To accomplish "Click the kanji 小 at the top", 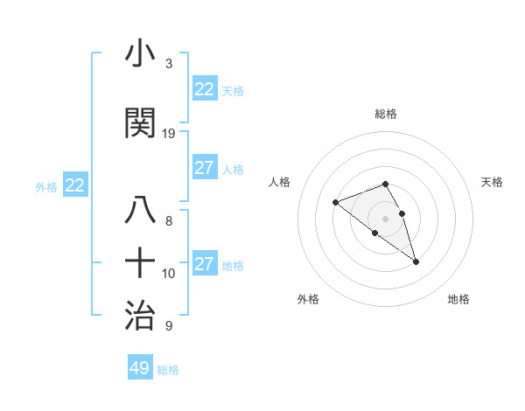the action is pyautogui.click(x=141, y=54).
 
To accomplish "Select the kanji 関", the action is pyautogui.click(x=141, y=122).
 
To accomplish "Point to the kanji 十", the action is pyautogui.click(x=141, y=262).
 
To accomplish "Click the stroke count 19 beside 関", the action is pyautogui.click(x=169, y=134).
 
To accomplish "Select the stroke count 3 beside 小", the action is pyautogui.click(x=169, y=64).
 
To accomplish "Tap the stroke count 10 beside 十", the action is pyautogui.click(x=169, y=274).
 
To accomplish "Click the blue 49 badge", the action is pyautogui.click(x=140, y=368).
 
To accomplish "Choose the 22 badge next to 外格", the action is pyautogui.click(x=75, y=185).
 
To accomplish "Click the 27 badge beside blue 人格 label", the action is pyautogui.click(x=205, y=168).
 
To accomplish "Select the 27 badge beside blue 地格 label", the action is pyautogui.click(x=205, y=264).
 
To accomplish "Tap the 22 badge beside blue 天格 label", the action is pyautogui.click(x=205, y=89).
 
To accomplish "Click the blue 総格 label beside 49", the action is pyautogui.click(x=168, y=370).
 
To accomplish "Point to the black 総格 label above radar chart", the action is pyautogui.click(x=386, y=114).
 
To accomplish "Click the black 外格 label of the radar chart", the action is pyautogui.click(x=308, y=299).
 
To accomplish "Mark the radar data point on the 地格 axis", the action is pyautogui.click(x=416, y=261).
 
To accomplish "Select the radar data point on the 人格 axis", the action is pyautogui.click(x=335, y=202).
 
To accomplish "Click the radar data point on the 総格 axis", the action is pyautogui.click(x=386, y=185).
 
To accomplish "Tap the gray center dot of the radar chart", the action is pyautogui.click(x=386, y=219).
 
